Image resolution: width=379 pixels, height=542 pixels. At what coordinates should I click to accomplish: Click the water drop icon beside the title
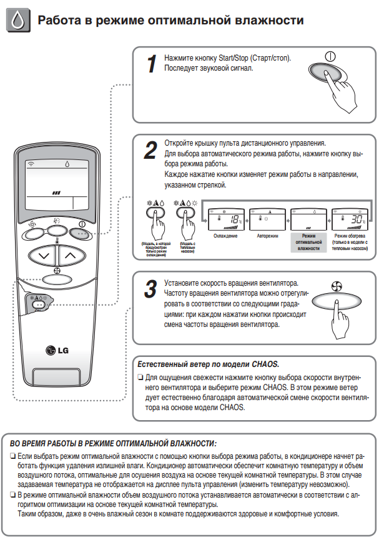click(18, 21)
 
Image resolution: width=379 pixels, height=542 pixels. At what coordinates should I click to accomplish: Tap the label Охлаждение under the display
click(224, 236)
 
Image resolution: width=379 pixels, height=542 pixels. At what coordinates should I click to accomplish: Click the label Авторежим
click(267, 236)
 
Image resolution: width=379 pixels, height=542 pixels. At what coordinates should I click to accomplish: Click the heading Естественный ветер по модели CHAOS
click(207, 364)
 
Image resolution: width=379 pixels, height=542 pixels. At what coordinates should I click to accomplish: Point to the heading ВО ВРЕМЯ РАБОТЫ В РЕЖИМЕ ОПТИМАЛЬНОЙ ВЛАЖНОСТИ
click(113, 443)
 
